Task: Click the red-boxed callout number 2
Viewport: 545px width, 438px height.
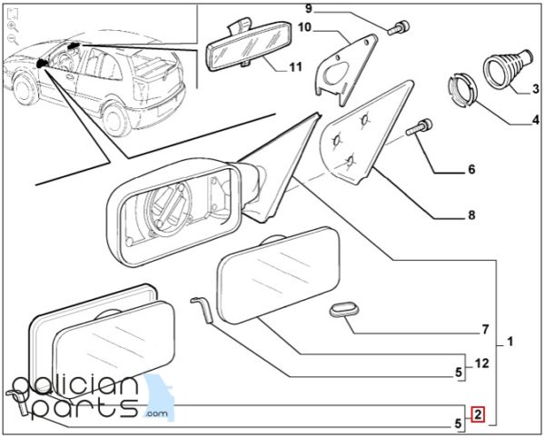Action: [x=478, y=414]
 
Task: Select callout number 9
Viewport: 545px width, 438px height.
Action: [x=309, y=8]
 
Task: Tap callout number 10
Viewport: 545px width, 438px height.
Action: [x=304, y=27]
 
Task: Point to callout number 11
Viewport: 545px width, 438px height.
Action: [x=295, y=66]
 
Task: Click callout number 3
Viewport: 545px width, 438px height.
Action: [x=536, y=89]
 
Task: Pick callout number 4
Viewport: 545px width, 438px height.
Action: [x=536, y=120]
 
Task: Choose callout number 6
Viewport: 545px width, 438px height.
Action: [x=471, y=169]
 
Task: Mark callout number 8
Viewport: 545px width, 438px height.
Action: [x=471, y=215]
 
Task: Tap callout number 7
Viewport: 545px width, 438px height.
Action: [x=486, y=329]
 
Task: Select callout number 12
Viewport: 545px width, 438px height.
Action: [x=481, y=363]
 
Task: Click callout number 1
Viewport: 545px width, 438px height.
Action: [x=510, y=342]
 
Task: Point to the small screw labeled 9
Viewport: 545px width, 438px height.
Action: [x=399, y=28]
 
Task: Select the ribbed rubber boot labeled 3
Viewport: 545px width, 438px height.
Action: [x=509, y=67]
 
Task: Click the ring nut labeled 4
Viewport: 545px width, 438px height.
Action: [x=462, y=90]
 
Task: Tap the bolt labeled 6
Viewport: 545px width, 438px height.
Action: [x=419, y=128]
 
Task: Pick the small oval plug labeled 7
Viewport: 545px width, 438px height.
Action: [x=344, y=310]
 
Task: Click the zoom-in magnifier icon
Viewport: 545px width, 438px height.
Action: [x=13, y=26]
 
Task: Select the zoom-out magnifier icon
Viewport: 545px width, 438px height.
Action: [x=13, y=39]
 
